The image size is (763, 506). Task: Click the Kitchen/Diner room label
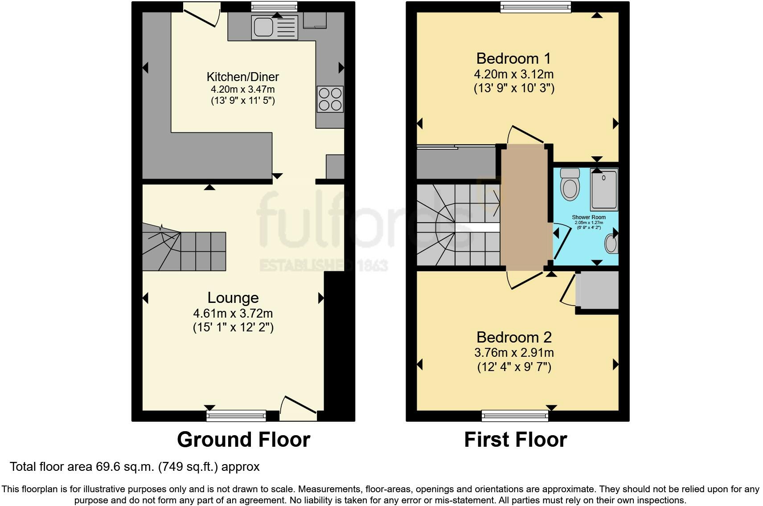pos(242,77)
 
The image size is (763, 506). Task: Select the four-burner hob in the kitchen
pos(330,99)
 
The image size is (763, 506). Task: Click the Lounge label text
pos(233,298)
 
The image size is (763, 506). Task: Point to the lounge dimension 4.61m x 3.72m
pos(233,313)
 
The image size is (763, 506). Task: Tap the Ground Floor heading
pos(243,440)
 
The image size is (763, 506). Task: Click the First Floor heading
pos(515,440)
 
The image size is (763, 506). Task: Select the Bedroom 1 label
pos(513,58)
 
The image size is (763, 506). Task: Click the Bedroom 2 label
pos(514,337)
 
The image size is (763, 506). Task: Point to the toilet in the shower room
pos(570,185)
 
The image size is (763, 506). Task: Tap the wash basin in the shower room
pos(611,244)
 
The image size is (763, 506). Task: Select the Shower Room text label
pos(589,217)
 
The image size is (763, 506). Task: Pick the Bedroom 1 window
pos(535,6)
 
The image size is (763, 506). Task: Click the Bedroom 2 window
pos(515,416)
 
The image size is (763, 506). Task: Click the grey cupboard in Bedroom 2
pos(597,290)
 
